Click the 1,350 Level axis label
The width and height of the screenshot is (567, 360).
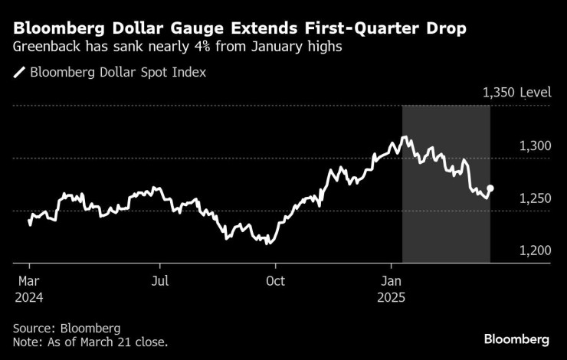516,93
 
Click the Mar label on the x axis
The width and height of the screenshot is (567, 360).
28,280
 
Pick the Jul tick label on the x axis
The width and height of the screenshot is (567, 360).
160,280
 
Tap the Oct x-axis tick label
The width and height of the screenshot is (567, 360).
275,280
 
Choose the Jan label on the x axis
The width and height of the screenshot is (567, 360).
392,280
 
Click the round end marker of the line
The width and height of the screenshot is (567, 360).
490,188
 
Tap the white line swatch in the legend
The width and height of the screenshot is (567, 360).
19,73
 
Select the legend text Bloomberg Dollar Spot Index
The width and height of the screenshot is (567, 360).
118,73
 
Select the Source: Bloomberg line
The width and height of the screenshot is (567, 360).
67,327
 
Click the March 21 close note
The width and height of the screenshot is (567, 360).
90,342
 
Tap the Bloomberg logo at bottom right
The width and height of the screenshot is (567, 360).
516,339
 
